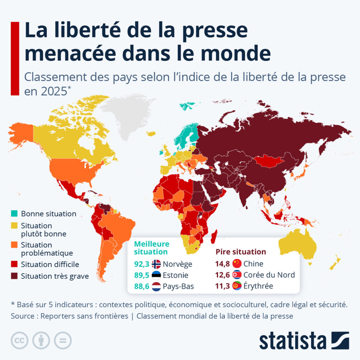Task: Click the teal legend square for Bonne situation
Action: click(x=15, y=214)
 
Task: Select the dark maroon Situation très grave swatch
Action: click(x=15, y=276)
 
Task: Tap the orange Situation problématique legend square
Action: click(x=15, y=245)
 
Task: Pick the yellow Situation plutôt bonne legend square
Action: click(x=15, y=225)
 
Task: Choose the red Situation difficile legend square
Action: click(x=15, y=264)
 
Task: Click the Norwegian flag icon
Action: click(x=157, y=264)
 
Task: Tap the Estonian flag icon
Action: click(x=157, y=275)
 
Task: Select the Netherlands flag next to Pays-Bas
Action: click(x=157, y=286)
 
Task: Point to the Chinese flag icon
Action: click(x=237, y=264)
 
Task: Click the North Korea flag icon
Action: click(x=237, y=275)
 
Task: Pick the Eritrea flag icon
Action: click(x=237, y=286)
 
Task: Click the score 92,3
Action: click(x=141, y=264)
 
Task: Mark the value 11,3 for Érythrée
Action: click(x=221, y=286)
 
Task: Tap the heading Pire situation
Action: click(x=241, y=252)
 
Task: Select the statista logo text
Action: click(x=292, y=340)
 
